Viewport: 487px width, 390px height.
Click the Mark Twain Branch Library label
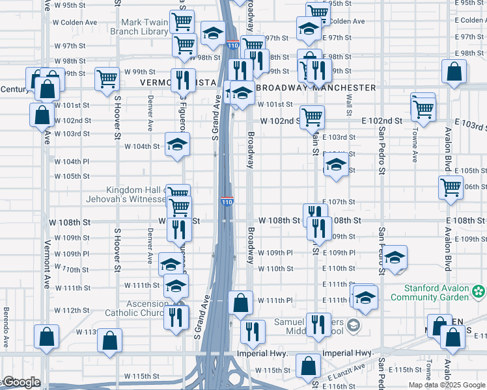(139, 27)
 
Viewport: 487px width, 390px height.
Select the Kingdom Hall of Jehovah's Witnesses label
(127, 194)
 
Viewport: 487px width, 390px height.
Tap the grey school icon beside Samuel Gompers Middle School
(353, 324)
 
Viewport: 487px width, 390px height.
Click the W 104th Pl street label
(72, 161)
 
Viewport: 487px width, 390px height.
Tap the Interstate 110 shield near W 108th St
(227, 202)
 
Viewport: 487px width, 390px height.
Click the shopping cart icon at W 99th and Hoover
(107, 79)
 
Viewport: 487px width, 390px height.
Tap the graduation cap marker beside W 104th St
(177, 145)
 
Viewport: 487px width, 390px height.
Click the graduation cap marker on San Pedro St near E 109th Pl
(394, 257)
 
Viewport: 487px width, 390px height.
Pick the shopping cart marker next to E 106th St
(451, 188)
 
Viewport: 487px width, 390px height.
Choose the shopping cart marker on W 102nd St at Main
(312, 117)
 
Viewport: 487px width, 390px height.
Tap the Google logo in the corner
(21, 382)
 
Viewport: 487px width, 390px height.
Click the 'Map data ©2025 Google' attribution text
(446, 385)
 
